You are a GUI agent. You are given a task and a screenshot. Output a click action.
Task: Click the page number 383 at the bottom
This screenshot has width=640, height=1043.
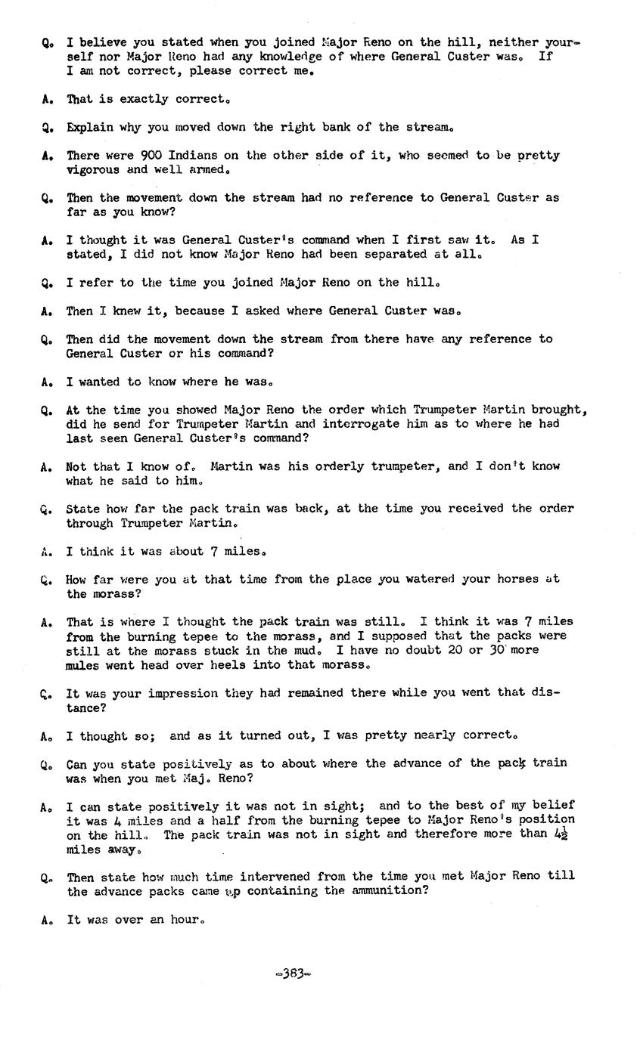294,974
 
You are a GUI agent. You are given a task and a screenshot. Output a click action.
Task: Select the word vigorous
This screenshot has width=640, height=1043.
93,170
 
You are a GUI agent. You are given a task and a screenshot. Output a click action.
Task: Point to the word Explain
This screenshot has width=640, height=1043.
90,128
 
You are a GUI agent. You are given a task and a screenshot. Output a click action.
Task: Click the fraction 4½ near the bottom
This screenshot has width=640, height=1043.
561,834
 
